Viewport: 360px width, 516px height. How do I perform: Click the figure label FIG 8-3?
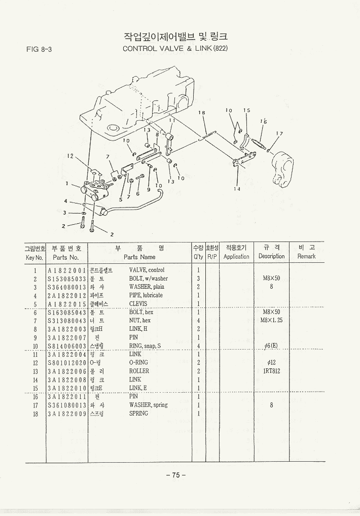[x=40, y=49]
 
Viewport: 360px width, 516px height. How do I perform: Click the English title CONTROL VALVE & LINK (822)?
[x=175, y=49]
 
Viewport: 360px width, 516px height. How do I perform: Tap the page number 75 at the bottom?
[x=176, y=475]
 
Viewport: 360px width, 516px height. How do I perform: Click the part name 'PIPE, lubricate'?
[x=146, y=295]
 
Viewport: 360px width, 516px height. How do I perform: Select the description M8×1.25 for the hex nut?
[x=271, y=321]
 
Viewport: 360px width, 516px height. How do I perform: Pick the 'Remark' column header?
[x=306, y=257]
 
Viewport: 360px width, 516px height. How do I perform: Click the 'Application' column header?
[x=236, y=257]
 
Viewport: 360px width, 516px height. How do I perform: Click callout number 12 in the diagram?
[x=70, y=156]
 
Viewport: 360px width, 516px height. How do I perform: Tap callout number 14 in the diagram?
[x=237, y=189]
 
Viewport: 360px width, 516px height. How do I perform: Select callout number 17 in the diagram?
[x=278, y=134]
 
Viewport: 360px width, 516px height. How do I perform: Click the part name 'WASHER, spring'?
[x=148, y=405]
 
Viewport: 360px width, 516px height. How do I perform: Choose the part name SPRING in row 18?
[x=138, y=414]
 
